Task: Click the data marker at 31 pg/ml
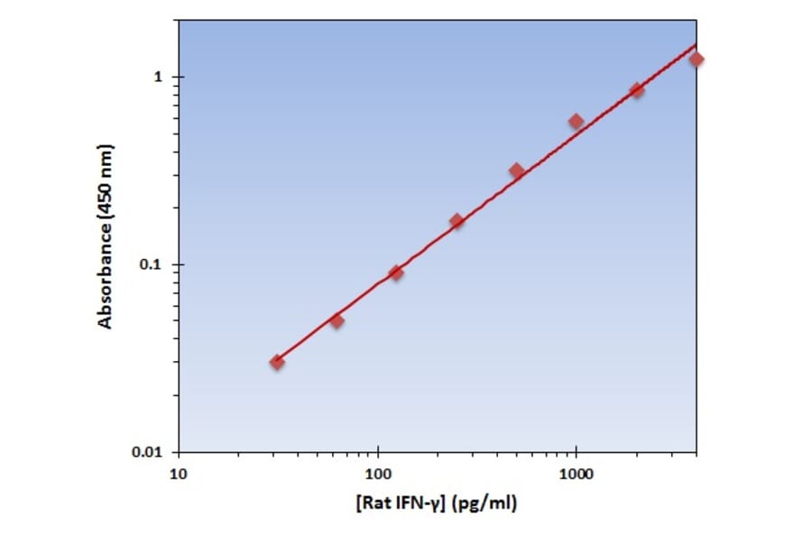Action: (x=277, y=362)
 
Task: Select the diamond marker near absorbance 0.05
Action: (x=337, y=320)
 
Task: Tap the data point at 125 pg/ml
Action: (x=396, y=273)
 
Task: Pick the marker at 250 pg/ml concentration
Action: (x=457, y=221)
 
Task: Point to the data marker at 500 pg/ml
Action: (x=516, y=171)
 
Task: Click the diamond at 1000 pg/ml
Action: (x=576, y=121)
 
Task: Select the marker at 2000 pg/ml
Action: (x=636, y=90)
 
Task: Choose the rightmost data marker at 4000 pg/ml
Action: (x=696, y=60)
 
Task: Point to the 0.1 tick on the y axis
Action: (x=152, y=265)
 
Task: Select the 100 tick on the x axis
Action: (x=377, y=474)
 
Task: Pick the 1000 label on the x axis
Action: (x=576, y=474)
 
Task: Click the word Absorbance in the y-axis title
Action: (x=106, y=272)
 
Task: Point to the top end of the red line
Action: (x=696, y=44)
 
